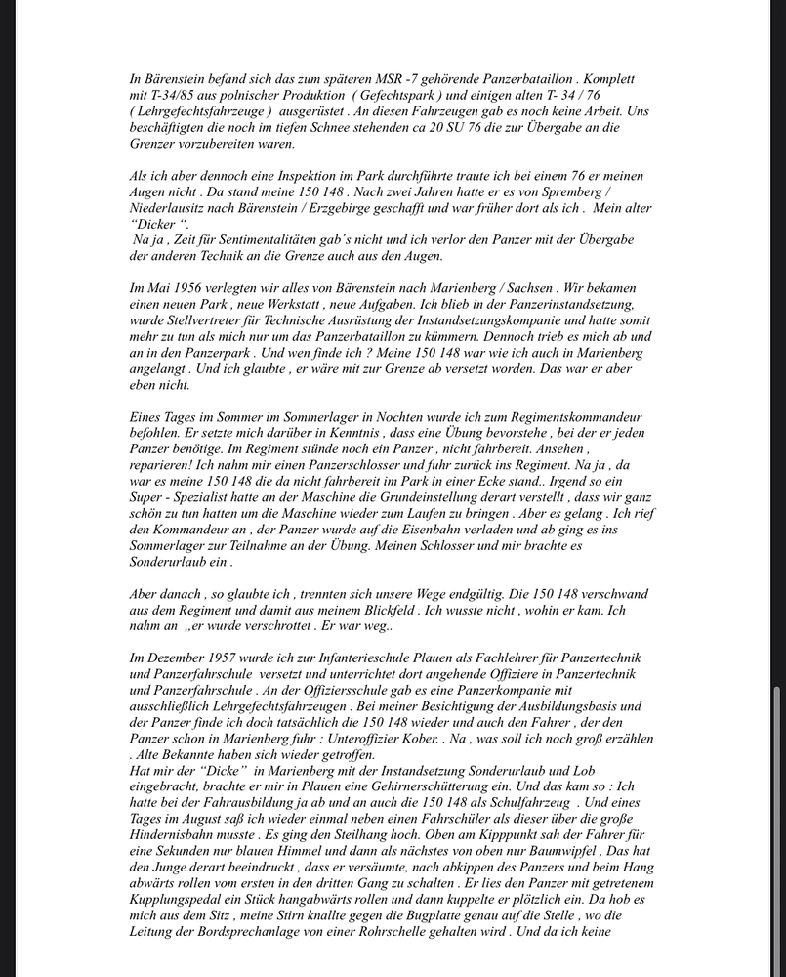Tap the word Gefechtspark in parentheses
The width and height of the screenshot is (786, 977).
(x=393, y=95)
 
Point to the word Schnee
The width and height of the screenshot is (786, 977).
(x=330, y=127)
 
